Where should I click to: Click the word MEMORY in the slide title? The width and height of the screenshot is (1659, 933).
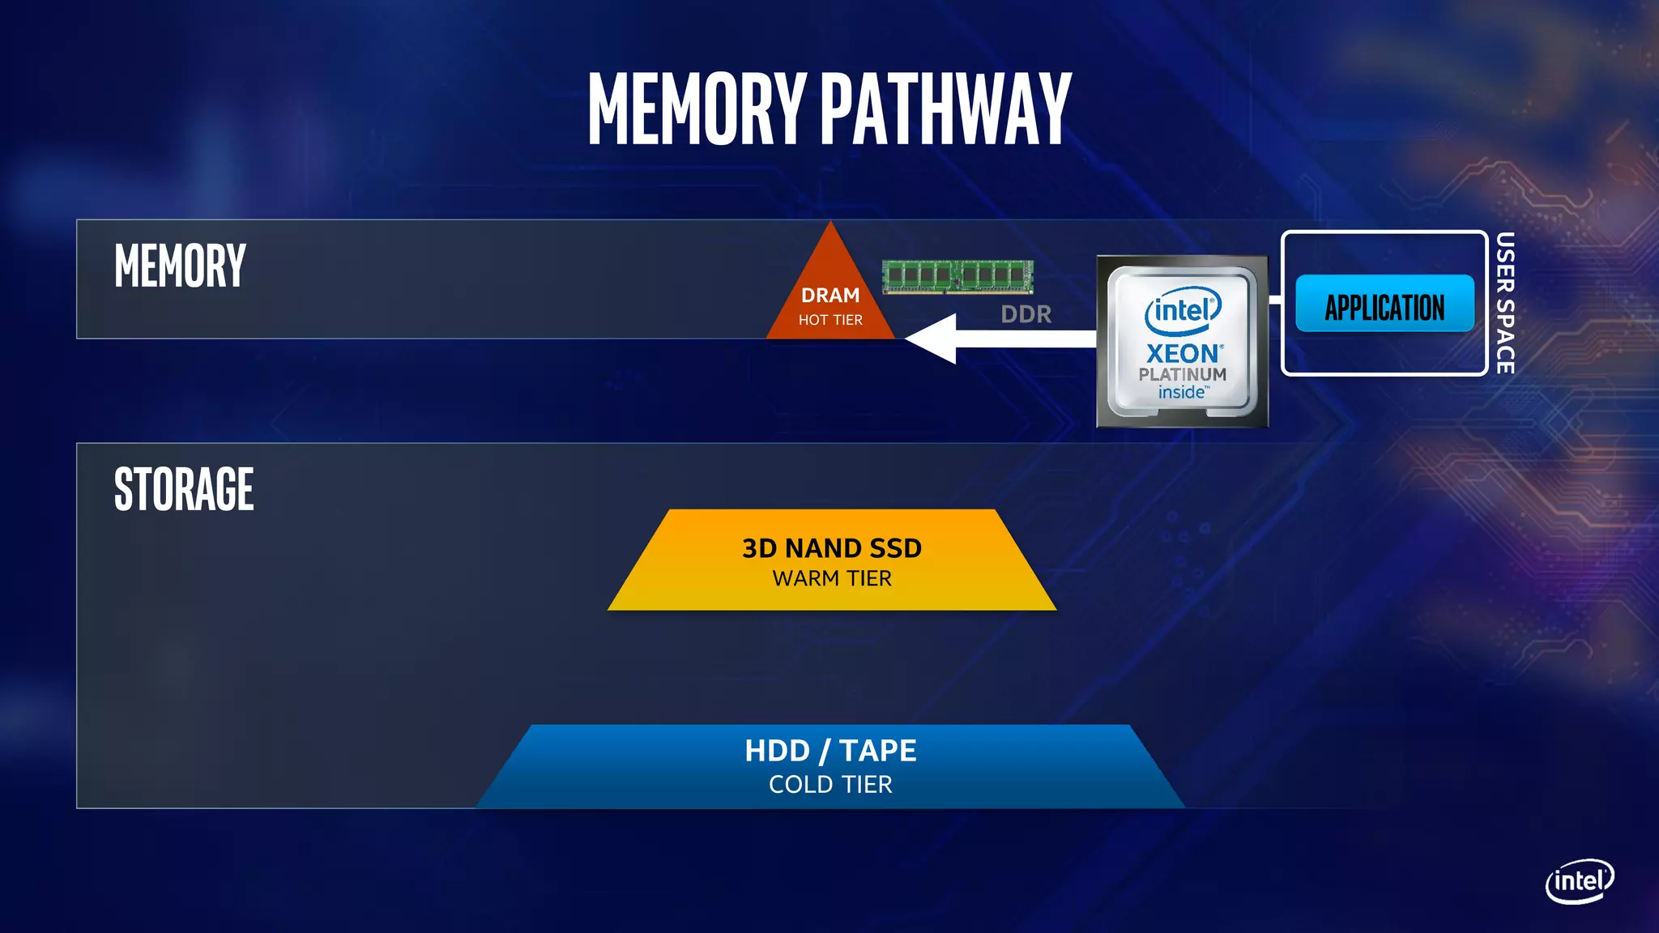(x=697, y=109)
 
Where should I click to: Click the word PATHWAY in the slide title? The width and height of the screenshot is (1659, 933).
(x=946, y=109)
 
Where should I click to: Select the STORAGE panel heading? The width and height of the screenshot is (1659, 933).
(x=184, y=489)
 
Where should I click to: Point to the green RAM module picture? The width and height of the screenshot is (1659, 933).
(x=957, y=276)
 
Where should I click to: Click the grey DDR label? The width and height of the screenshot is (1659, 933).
(x=1026, y=314)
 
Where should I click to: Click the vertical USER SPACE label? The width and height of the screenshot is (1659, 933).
(x=1505, y=303)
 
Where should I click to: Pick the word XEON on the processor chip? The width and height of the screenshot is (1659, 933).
(x=1183, y=354)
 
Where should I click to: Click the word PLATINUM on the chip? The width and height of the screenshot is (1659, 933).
(x=1183, y=374)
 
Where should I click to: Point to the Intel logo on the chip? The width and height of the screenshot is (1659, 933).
(x=1183, y=311)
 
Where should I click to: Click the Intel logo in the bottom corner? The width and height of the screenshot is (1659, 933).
(x=1579, y=880)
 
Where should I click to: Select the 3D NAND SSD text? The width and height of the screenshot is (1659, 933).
(x=832, y=548)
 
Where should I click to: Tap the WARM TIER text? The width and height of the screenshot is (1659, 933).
(x=832, y=578)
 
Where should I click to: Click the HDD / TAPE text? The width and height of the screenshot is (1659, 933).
(x=830, y=751)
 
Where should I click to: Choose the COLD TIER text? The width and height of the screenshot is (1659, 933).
(x=830, y=784)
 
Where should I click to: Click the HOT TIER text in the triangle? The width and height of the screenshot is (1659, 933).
(x=830, y=320)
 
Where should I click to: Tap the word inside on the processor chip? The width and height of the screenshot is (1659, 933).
(x=1182, y=393)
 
